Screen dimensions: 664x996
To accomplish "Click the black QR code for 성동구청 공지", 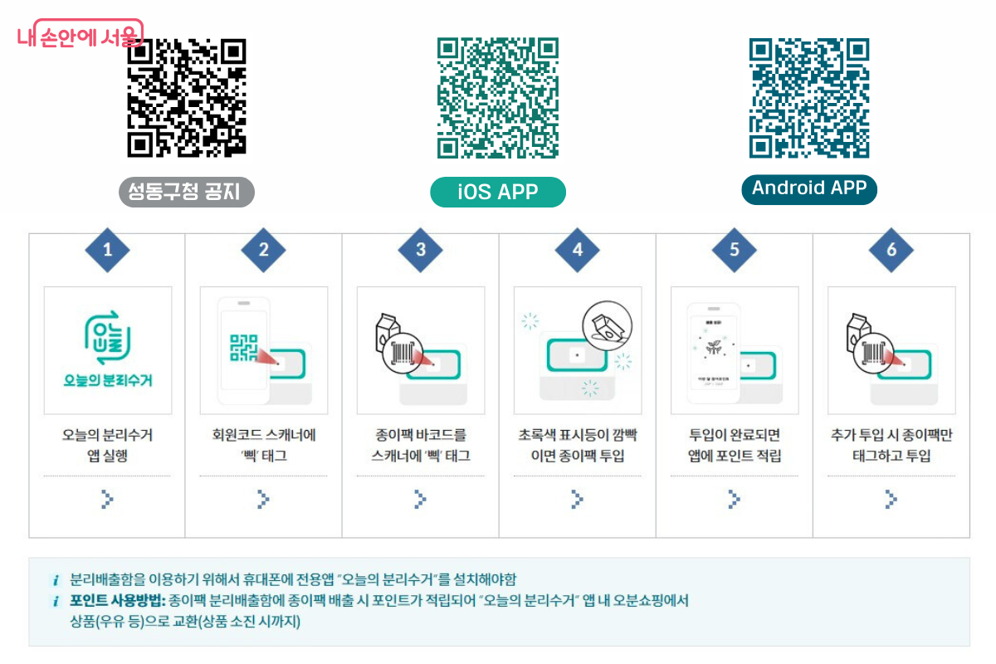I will (187, 97).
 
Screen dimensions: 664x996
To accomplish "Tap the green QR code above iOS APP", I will (497, 97).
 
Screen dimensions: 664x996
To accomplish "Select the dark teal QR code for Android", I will (808, 97).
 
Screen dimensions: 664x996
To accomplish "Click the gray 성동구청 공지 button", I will (187, 193).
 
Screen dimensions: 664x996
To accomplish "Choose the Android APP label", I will (808, 188).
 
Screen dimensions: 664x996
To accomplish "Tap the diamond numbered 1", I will (107, 249).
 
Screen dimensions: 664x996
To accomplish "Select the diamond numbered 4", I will (578, 249).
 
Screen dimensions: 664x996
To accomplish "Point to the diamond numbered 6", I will (891, 249).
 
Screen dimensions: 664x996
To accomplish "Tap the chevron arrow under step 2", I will (263, 498).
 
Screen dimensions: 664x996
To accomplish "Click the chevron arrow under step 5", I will (734, 498).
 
